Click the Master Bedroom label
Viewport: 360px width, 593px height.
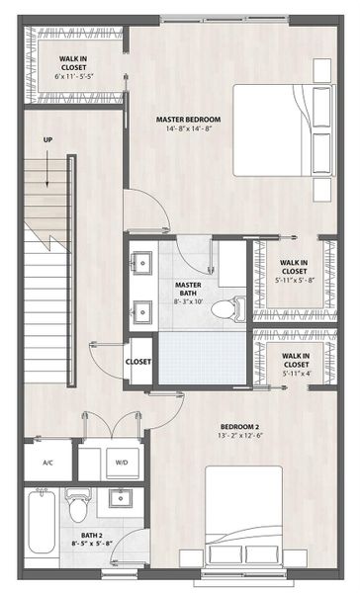[188, 120]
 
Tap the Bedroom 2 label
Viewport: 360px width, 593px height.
[239, 428]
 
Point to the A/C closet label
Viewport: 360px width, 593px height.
[47, 463]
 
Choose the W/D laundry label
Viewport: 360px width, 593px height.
[121, 462]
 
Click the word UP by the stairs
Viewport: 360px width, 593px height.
[47, 139]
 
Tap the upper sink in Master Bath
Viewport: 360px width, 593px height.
[141, 264]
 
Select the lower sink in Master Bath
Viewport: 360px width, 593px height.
[141, 310]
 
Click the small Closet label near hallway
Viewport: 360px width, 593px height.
[138, 362]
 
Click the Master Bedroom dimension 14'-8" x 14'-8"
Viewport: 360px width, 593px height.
[188, 129]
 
